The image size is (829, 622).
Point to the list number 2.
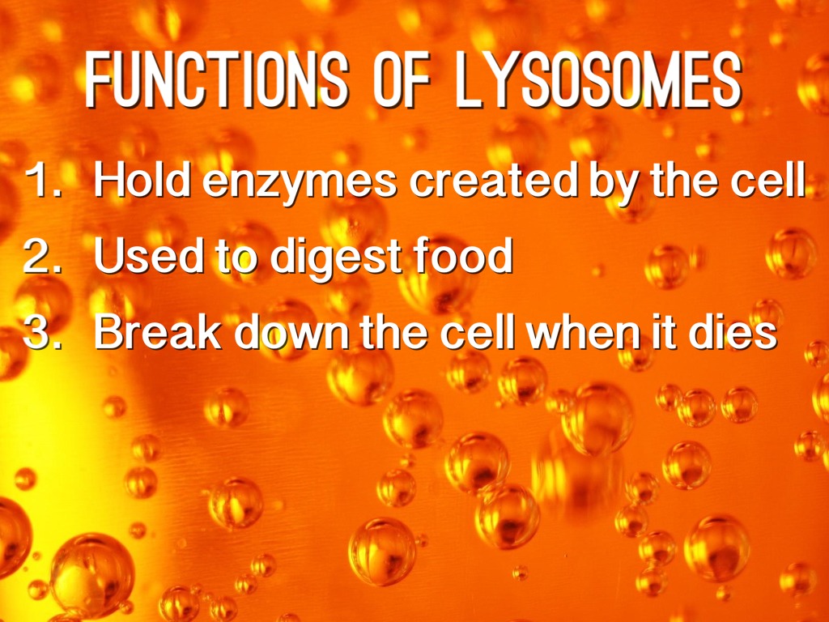tap(40, 256)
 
